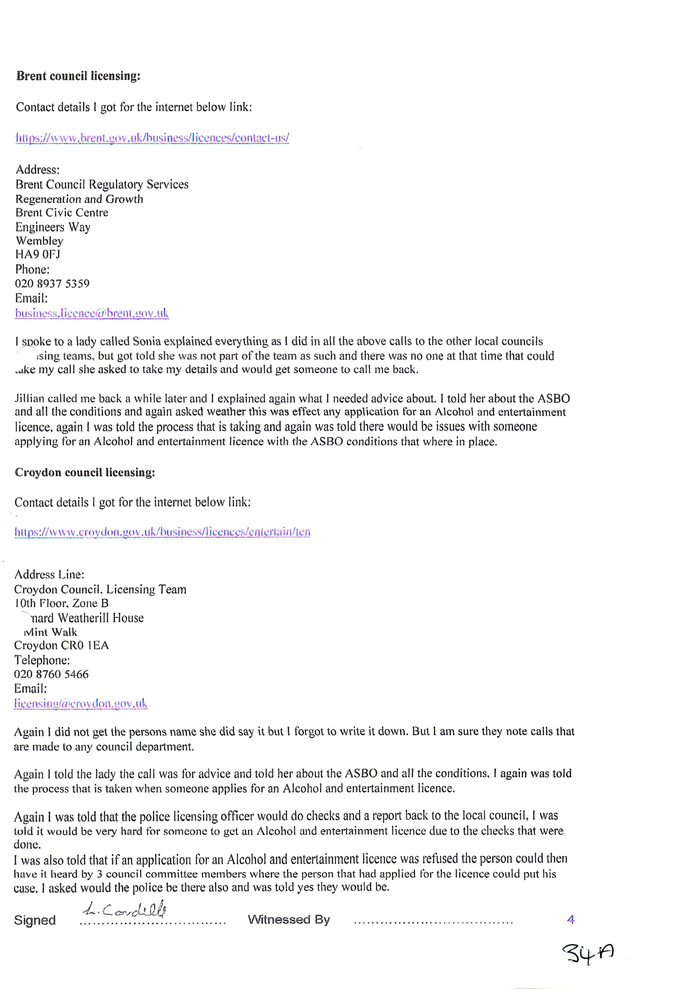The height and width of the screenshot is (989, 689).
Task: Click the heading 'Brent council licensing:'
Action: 78,76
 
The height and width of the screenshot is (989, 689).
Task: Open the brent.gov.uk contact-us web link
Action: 152,138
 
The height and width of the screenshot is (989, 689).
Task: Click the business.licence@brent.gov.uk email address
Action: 92,313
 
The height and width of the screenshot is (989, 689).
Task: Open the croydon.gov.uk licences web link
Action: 162,532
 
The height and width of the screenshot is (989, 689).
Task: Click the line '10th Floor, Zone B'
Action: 61,604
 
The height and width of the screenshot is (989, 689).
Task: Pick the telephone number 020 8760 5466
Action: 51,674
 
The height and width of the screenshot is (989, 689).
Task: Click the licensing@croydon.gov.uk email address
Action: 81,704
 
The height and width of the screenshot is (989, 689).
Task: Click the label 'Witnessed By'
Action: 289,920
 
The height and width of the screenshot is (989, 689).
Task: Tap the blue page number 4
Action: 571,920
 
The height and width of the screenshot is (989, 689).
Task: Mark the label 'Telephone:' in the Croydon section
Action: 42,660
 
